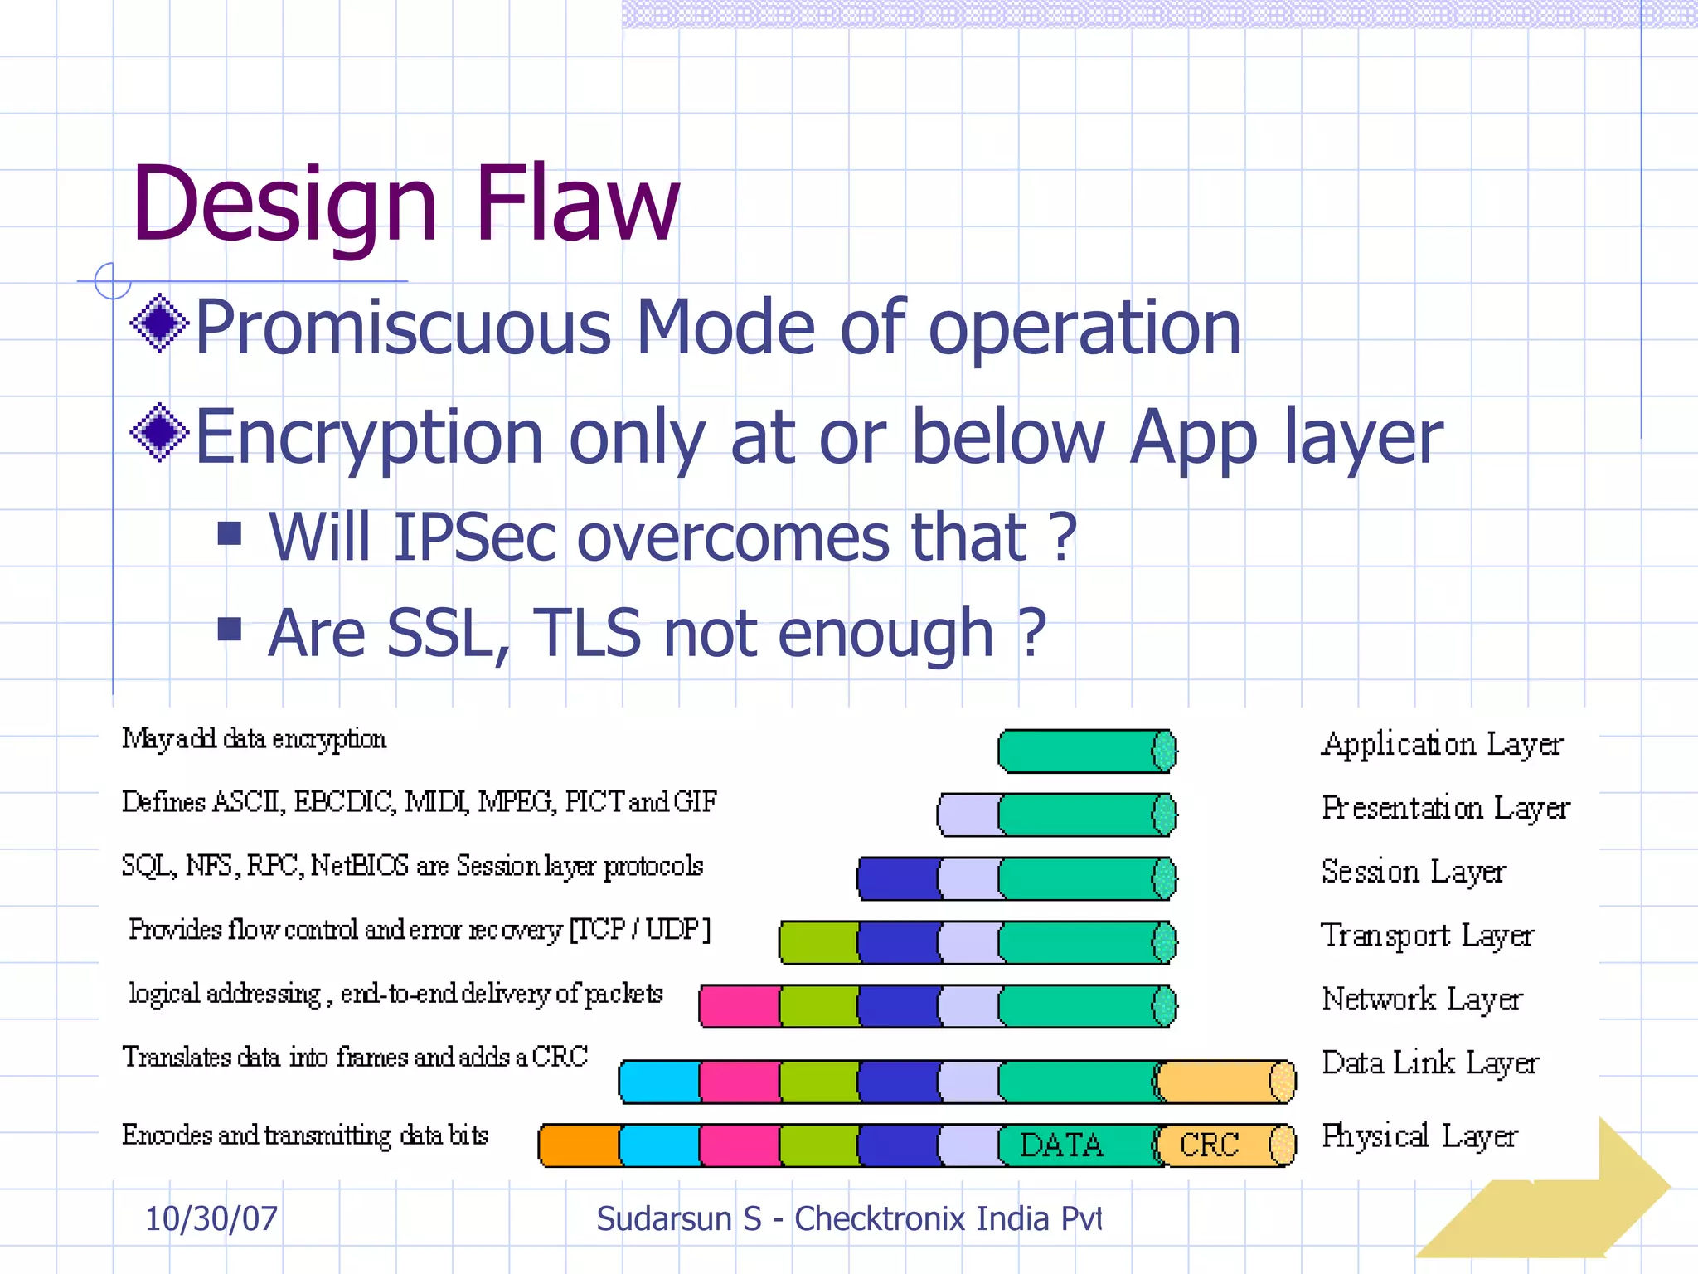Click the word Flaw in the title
pos(576,203)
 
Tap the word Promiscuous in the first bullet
pos(402,328)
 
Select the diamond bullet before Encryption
pos(159,432)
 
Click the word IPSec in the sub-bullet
pos(473,537)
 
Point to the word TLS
pos(586,633)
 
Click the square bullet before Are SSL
pos(229,630)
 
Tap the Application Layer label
pos(1441,744)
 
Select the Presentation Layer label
pos(1445,808)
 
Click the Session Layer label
pos(1413,872)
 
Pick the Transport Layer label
pos(1427,936)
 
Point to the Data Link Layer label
pos(1429,1063)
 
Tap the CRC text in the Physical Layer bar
pos(1208,1145)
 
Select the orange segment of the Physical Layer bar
pos(580,1145)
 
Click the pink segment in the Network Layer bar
pos(739,1006)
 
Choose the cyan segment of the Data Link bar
pos(660,1082)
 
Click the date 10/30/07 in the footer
pos(211,1218)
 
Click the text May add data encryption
pos(254,738)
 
